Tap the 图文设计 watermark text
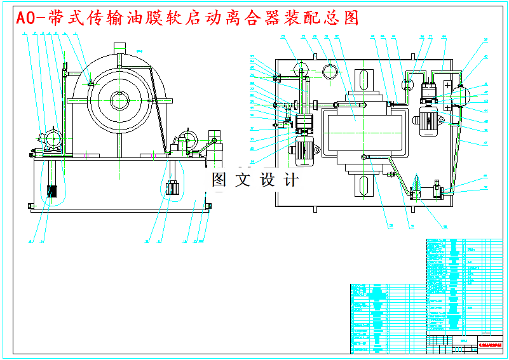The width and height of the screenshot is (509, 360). point(255,180)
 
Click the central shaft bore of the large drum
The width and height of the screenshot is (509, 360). point(119,98)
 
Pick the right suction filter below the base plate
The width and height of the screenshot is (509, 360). point(171,189)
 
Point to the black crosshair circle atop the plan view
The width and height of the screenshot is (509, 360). point(329,70)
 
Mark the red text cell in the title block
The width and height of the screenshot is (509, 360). point(488,346)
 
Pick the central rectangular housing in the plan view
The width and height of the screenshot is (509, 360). point(361,127)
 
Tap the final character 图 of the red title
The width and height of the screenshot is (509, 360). point(350,18)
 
